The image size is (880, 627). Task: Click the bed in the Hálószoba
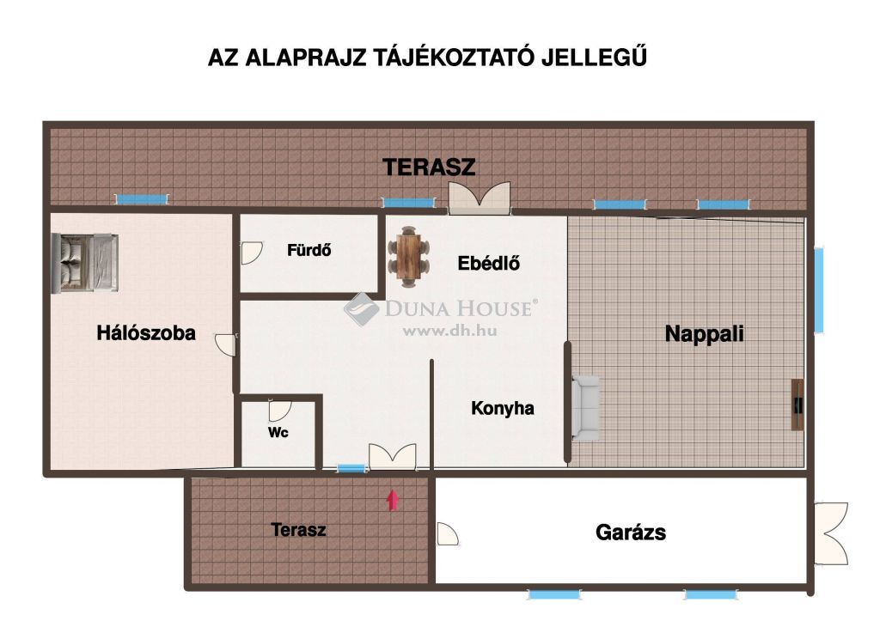point(85,263)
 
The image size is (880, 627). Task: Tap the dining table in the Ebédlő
point(408,257)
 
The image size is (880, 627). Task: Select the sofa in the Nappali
point(585,408)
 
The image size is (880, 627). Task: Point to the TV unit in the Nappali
point(797,405)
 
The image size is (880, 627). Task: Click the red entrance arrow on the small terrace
point(392,500)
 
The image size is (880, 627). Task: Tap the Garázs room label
point(631,533)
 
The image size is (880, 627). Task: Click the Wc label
point(278,432)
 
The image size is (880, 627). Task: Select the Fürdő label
point(309,250)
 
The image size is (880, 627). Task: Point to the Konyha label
point(502,408)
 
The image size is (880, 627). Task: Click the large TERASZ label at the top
point(429,167)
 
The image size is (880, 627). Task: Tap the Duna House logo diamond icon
point(362,309)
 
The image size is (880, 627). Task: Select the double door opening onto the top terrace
point(480,198)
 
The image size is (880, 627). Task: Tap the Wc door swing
point(279,411)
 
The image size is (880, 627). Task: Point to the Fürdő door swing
point(252,253)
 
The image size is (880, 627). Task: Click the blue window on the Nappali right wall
point(819,290)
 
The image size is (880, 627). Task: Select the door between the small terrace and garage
point(447,534)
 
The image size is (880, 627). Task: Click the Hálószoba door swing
point(226,344)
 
